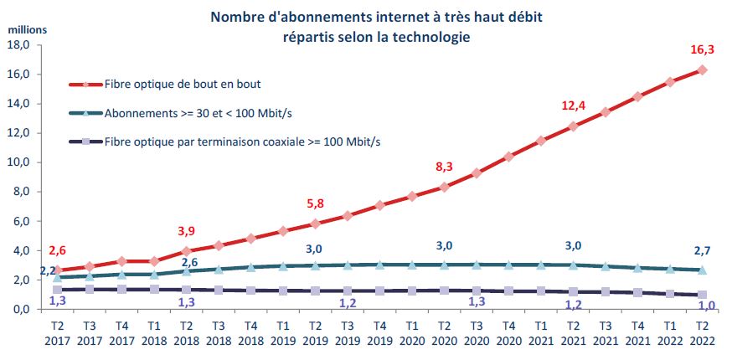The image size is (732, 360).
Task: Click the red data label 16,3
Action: [x=703, y=49]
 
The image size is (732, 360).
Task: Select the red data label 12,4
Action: [x=573, y=106]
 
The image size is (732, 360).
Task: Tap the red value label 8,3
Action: [x=444, y=167]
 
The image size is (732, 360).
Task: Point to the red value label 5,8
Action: [x=314, y=203]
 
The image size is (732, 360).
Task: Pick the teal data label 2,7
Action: [x=703, y=250]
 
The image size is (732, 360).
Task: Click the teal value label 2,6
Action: [x=188, y=262]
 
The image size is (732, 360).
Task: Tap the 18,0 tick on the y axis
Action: [x=18, y=44]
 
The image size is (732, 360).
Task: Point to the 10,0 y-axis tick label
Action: [x=18, y=162]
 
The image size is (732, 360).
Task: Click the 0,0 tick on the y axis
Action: [x=20, y=310]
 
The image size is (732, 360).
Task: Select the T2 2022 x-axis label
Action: [x=703, y=334]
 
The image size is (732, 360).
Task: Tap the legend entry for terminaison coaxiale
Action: [x=243, y=141]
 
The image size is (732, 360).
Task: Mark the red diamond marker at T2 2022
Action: [x=703, y=69]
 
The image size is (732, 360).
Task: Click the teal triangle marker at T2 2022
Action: [x=703, y=270]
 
